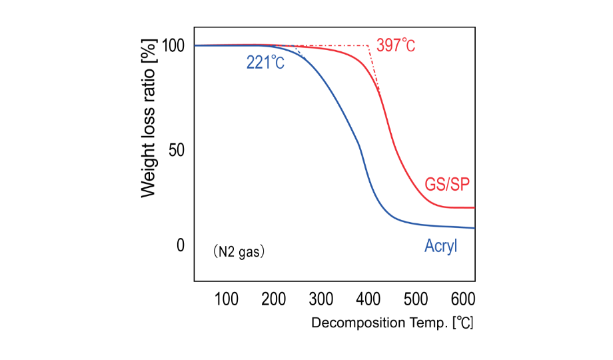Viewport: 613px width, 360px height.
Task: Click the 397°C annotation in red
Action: point(396,45)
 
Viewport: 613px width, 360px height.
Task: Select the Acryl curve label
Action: point(441,247)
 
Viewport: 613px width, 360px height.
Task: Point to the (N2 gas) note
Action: point(239,252)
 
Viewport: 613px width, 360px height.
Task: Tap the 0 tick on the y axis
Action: point(179,245)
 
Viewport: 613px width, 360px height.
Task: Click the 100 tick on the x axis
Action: point(227,298)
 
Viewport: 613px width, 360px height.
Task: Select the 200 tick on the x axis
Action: point(274,298)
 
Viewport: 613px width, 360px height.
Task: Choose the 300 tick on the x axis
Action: point(321,298)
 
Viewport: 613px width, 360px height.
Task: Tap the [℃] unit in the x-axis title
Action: point(462,323)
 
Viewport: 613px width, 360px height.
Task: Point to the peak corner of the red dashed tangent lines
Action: point(368,45)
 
